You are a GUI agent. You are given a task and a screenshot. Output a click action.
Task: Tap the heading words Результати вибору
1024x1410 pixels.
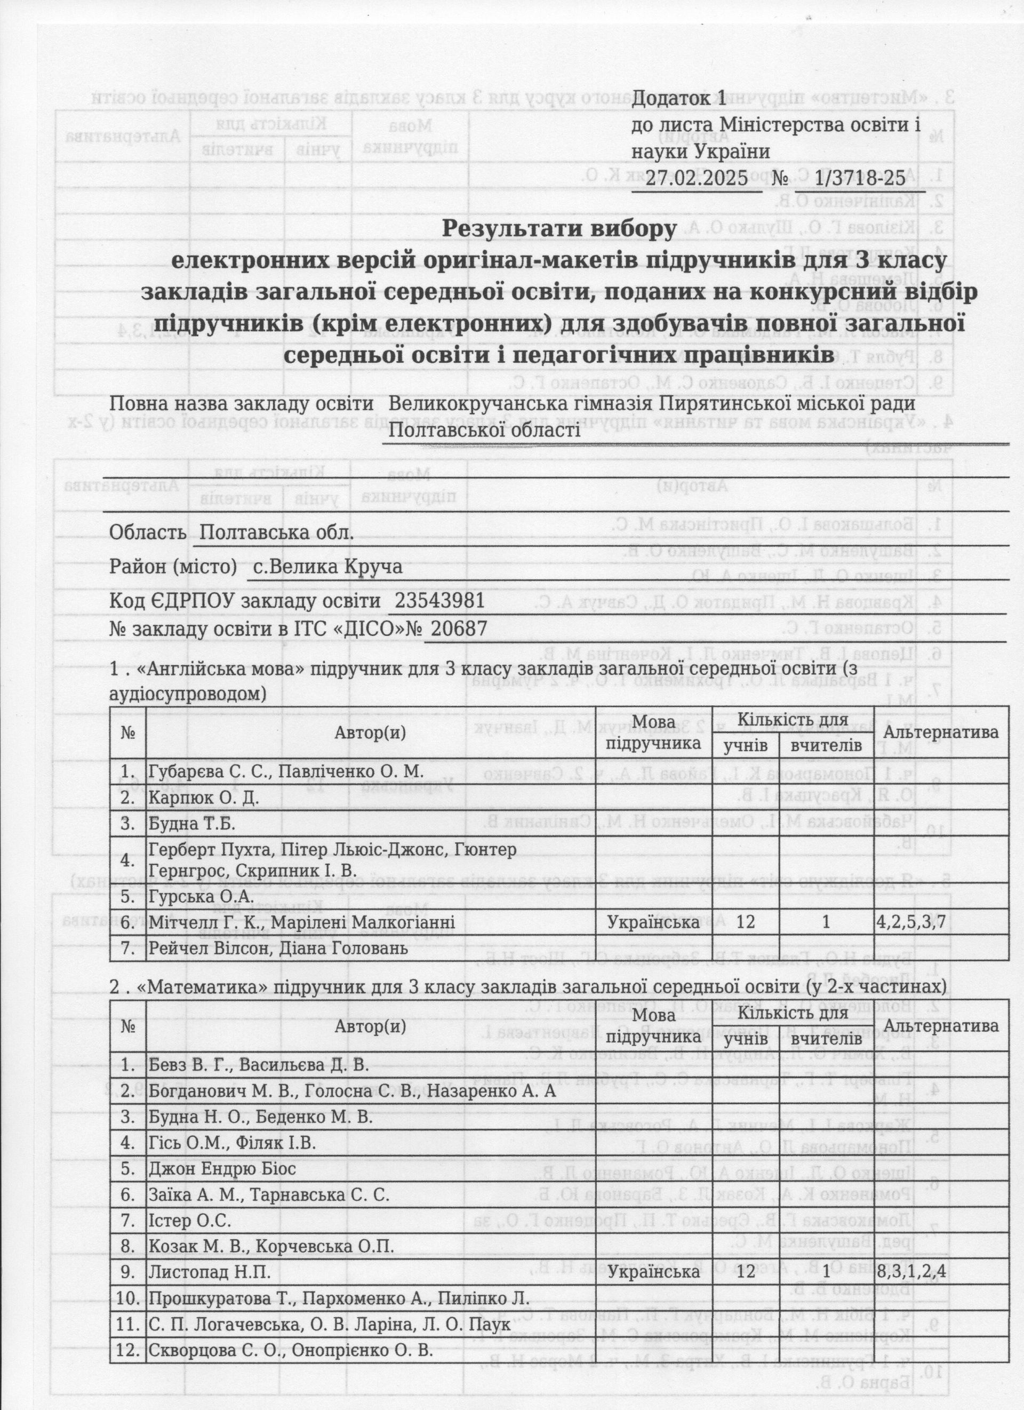pos(558,229)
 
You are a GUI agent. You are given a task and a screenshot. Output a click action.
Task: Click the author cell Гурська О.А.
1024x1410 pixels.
pos(201,896)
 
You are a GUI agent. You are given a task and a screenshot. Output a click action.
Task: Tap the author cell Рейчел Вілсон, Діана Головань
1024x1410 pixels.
pos(278,948)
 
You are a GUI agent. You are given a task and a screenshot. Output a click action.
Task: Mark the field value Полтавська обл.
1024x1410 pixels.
pos(277,533)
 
